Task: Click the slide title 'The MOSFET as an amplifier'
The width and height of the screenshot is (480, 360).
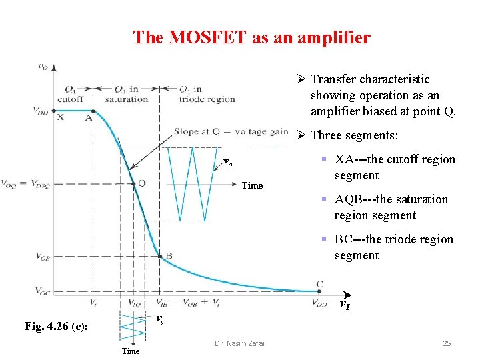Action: [251, 37]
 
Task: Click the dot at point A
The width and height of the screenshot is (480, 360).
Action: [93, 111]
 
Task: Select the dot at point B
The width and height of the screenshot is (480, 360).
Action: [159, 255]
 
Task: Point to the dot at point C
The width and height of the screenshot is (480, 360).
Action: [319, 291]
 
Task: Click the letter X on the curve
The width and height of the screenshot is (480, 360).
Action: [61, 117]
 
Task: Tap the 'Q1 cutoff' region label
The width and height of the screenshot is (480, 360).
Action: [69, 94]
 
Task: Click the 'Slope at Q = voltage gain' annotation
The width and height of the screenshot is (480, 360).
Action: [231, 131]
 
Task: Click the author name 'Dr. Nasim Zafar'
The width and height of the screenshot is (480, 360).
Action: [239, 343]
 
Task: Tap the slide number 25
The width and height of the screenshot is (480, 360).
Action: [447, 343]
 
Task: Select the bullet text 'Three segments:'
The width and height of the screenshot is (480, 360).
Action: [354, 135]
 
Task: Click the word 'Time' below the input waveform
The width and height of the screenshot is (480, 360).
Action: [131, 351]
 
